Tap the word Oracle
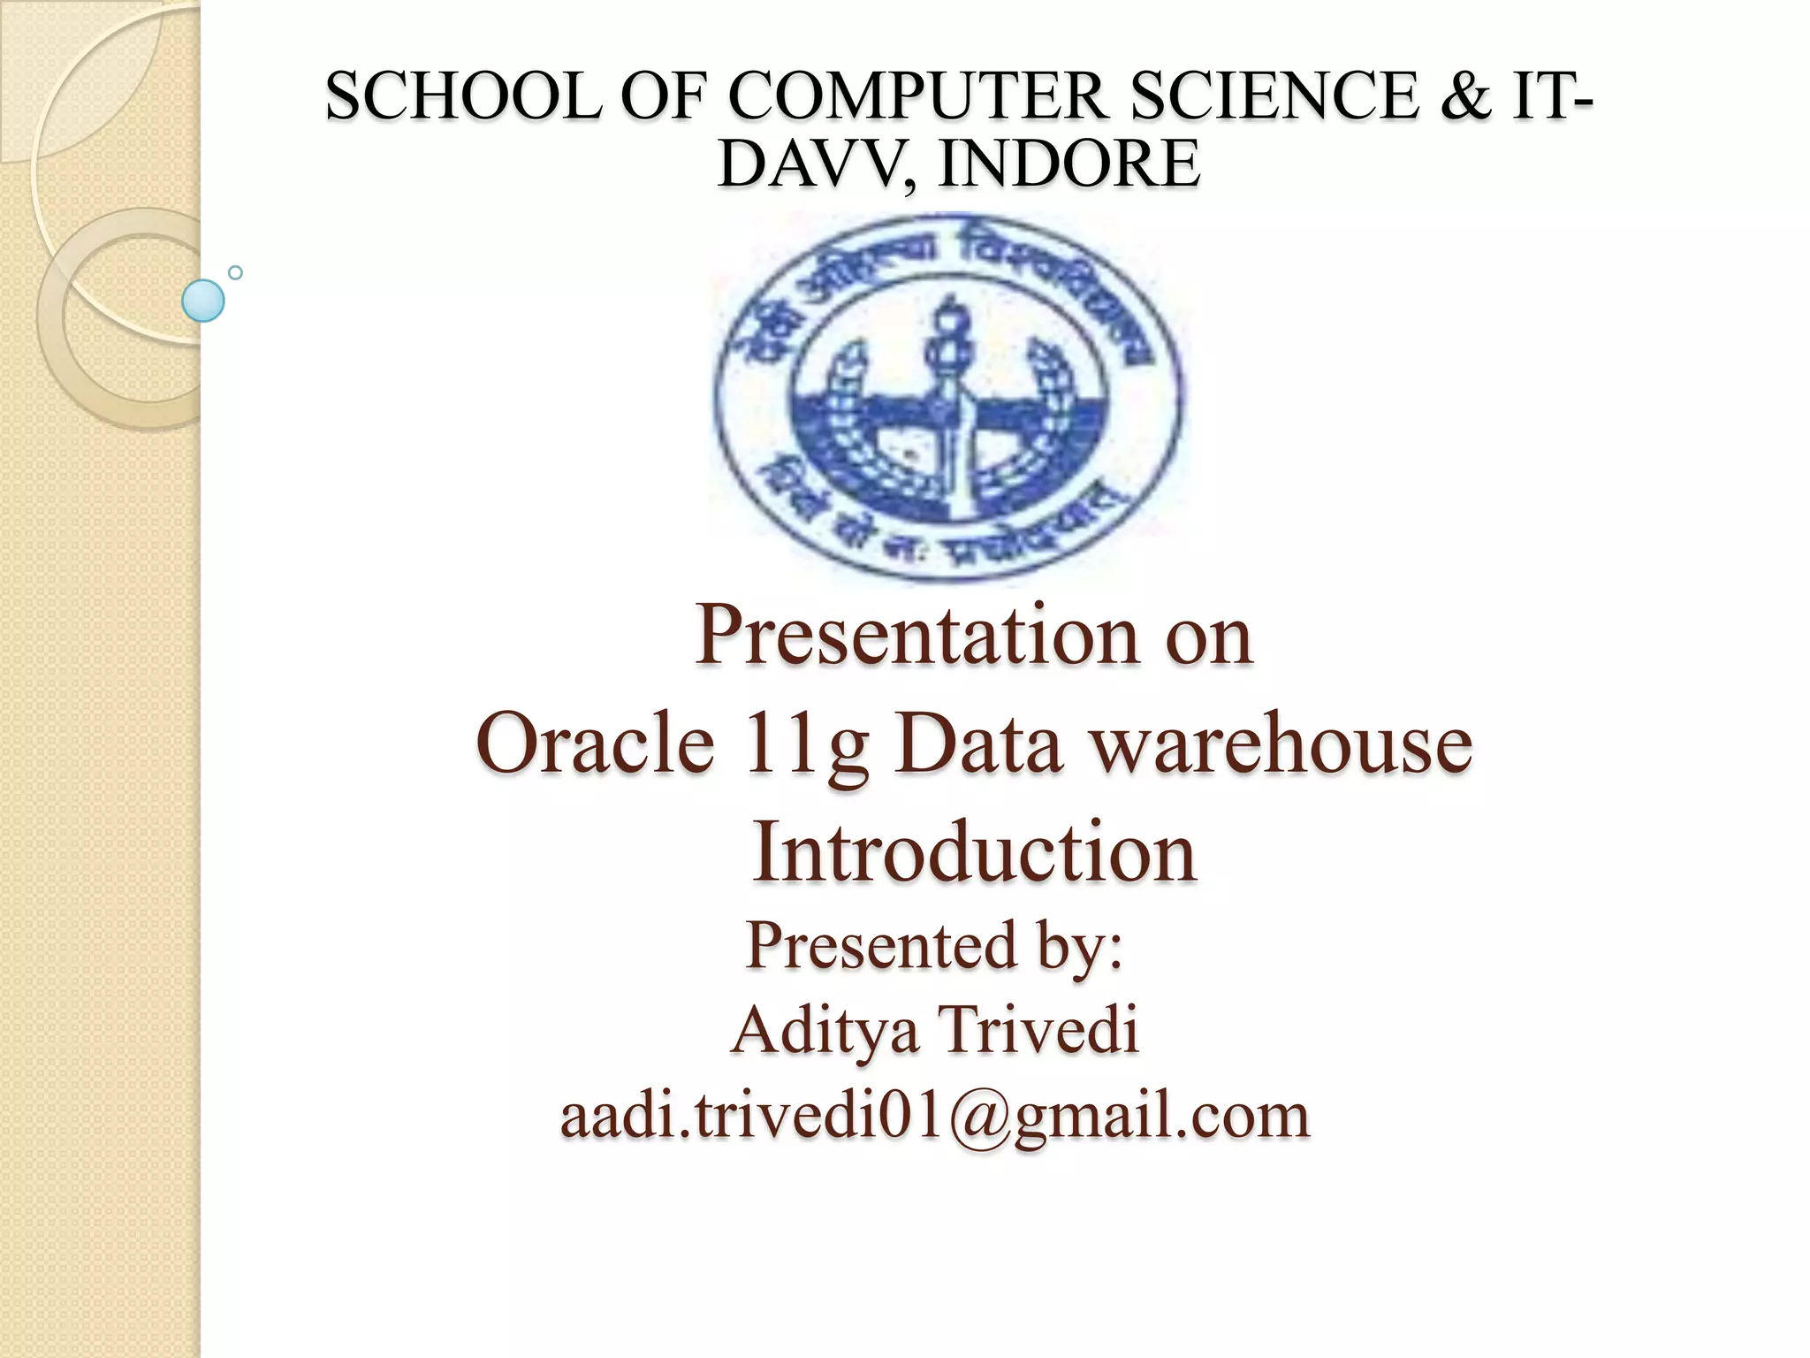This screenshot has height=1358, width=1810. coord(595,744)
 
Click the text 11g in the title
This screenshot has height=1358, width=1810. coord(806,745)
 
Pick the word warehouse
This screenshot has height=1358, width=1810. coord(1279,744)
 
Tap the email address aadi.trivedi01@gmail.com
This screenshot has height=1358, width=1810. coord(935,1116)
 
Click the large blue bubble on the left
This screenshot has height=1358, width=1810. coord(202,301)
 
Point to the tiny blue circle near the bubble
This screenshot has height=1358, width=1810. coord(235,272)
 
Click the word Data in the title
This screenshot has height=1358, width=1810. coord(977,744)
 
